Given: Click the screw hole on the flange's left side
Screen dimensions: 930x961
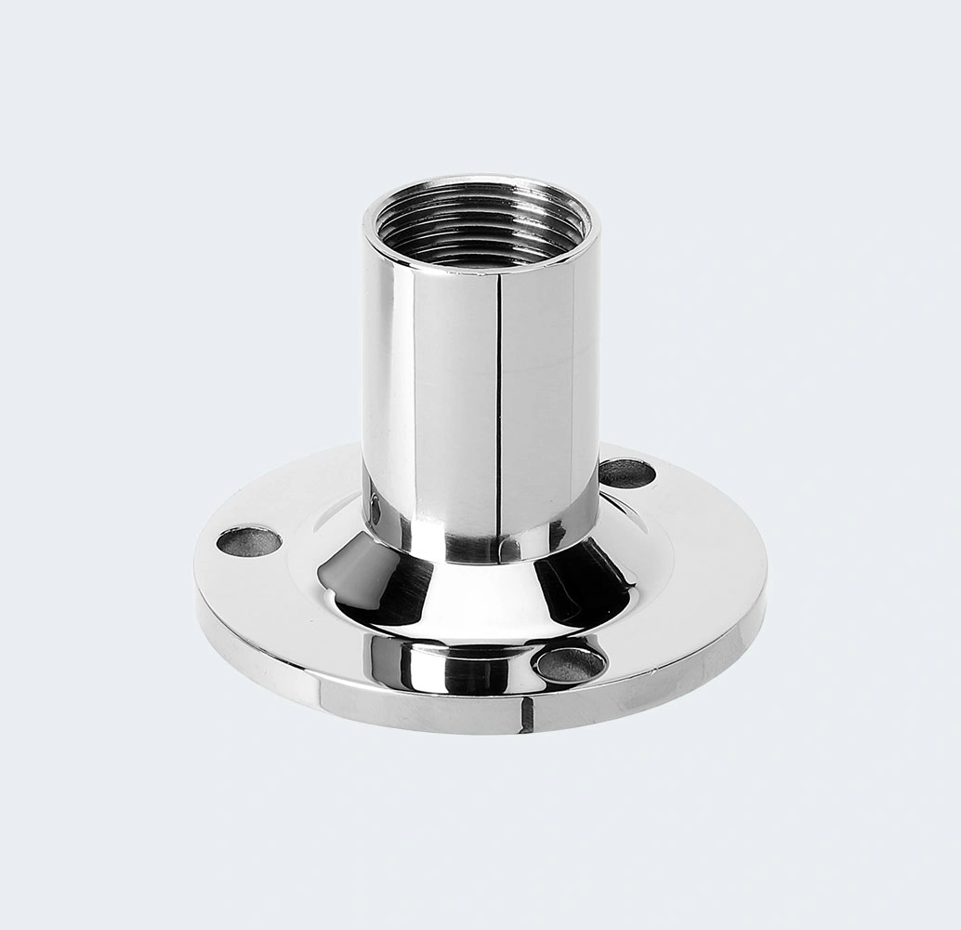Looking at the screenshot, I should (248, 540).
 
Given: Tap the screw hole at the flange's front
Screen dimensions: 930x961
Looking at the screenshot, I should (571, 663).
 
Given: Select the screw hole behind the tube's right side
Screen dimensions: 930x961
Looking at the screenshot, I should (627, 473).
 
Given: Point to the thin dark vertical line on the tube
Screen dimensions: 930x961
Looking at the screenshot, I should (499, 400).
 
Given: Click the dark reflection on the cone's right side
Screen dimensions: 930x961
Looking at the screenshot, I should (581, 581).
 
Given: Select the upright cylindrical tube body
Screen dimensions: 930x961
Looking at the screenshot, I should (437, 391).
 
